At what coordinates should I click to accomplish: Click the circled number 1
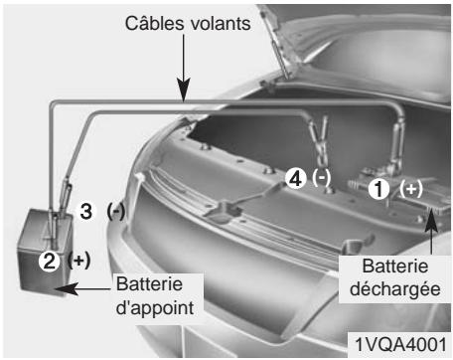tap(378, 187)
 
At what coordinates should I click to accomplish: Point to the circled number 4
tap(293, 178)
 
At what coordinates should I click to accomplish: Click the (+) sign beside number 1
tap(410, 187)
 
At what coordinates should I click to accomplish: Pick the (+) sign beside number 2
tap(78, 261)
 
